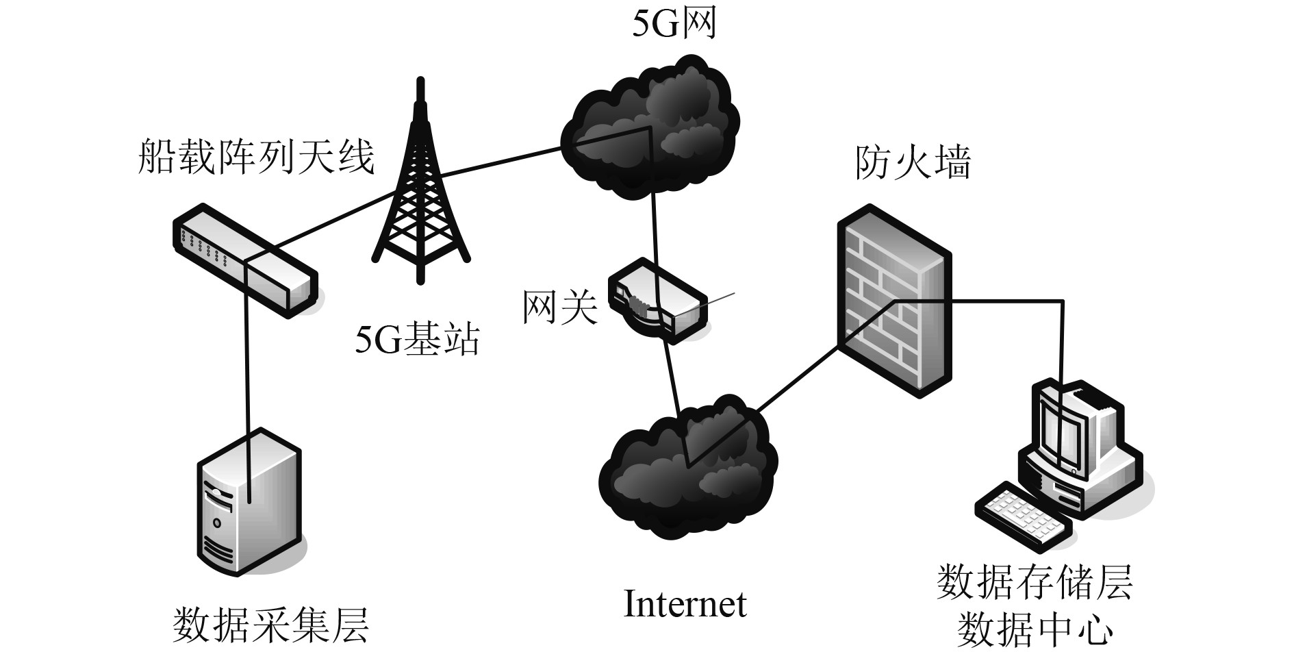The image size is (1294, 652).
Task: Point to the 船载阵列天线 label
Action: point(257,157)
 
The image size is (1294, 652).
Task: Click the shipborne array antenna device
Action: point(244,259)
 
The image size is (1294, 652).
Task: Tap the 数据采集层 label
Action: point(271,625)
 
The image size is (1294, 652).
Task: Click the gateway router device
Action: point(658,301)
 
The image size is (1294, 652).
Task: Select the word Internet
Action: point(685,604)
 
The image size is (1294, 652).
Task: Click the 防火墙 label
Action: point(913,164)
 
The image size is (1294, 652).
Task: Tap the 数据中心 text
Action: point(1034,631)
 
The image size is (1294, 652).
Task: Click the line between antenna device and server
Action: point(246,363)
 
